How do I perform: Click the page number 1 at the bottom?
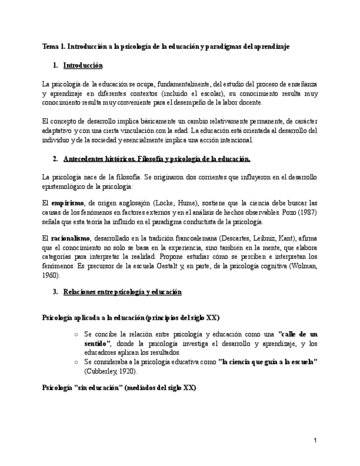click(x=315, y=440)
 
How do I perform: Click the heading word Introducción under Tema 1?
click(x=83, y=65)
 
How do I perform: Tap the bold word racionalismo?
click(x=70, y=239)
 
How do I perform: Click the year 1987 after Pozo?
click(x=308, y=212)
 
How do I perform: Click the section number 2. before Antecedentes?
click(x=56, y=159)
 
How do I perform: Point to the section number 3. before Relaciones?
click(x=56, y=292)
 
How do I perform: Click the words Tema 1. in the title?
click(x=54, y=47)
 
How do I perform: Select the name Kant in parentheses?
click(x=285, y=239)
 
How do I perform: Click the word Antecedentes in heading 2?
click(x=85, y=159)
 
